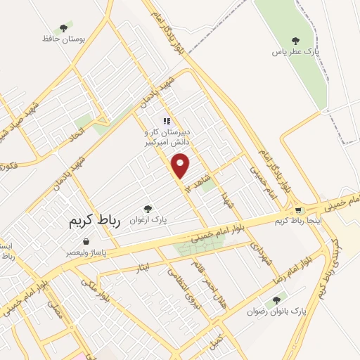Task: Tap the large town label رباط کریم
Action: tap(95, 221)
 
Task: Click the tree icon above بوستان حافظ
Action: tap(64, 29)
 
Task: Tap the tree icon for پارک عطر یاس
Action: tap(295, 40)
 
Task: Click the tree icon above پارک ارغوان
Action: tap(148, 208)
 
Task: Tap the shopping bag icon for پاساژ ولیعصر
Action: tap(85, 242)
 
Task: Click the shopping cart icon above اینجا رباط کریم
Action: tap(298, 210)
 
